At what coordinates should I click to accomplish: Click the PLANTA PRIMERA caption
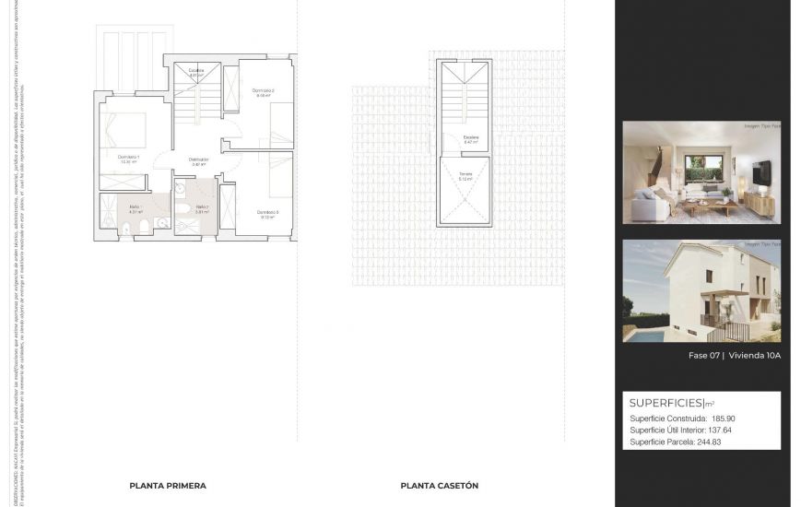tap(168, 486)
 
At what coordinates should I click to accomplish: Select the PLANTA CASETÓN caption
tap(439, 486)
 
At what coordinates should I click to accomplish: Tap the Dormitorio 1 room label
tap(129, 158)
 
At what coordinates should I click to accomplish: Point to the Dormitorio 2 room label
tap(263, 91)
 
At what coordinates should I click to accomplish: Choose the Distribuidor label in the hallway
tap(199, 160)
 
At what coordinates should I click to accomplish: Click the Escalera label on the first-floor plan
tap(196, 72)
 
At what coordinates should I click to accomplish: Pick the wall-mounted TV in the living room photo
tap(761, 172)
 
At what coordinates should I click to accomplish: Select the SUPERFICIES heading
tap(666, 403)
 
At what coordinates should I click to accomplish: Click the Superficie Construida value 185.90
tap(723, 419)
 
